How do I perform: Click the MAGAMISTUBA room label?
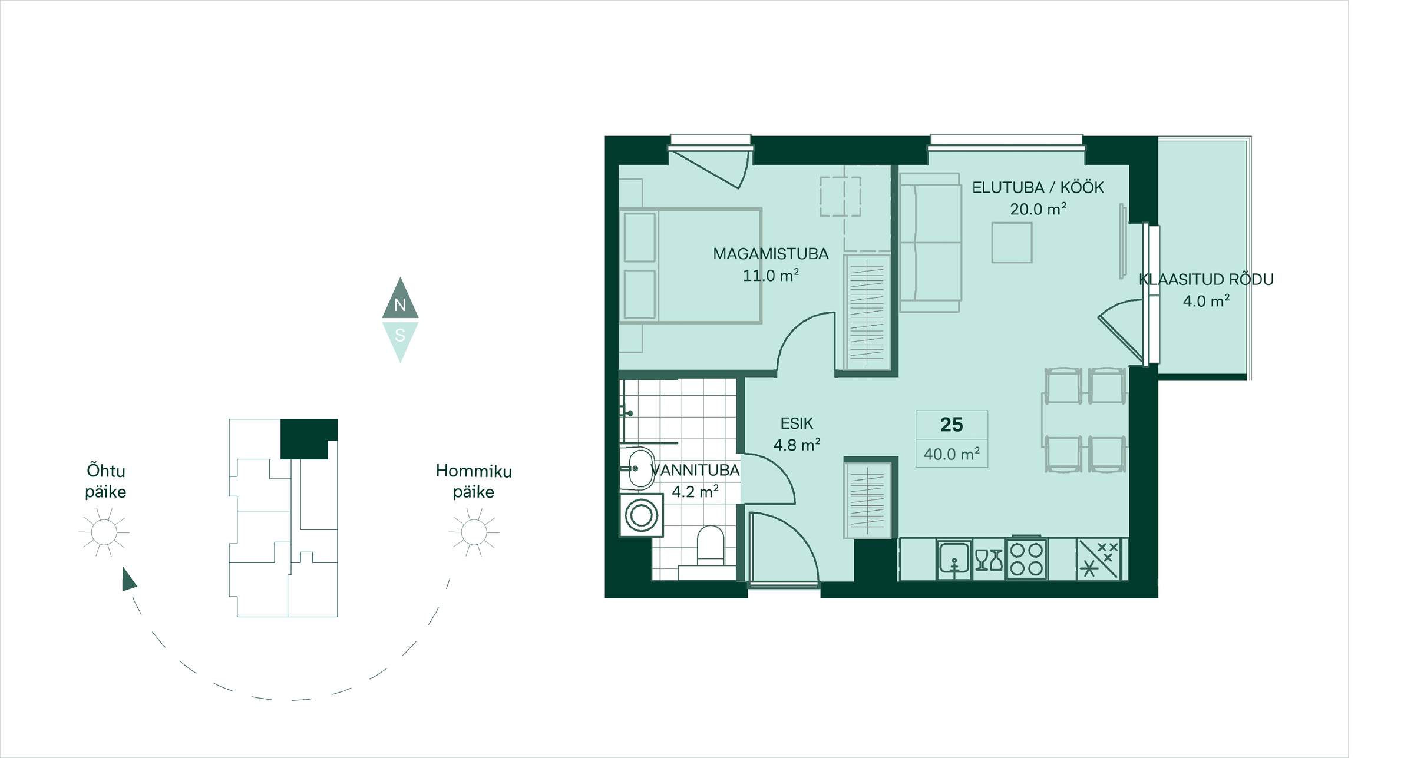[771, 254]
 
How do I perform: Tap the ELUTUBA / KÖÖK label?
[1038, 188]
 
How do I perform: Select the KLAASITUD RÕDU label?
[1206, 279]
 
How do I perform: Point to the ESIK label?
[797, 423]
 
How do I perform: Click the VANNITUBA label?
[695, 470]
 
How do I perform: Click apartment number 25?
[952, 425]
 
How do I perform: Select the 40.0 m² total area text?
[952, 454]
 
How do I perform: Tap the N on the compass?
[400, 305]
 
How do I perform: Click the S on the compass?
[400, 335]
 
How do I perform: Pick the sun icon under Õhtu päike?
[104, 532]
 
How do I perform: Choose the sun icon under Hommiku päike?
[474, 532]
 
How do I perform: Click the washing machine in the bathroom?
[641, 515]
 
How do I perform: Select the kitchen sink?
[954, 558]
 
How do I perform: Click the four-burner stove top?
[1027, 558]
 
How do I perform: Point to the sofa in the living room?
[930, 243]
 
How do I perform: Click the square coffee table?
[1012, 242]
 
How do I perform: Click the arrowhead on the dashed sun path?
[128, 580]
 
